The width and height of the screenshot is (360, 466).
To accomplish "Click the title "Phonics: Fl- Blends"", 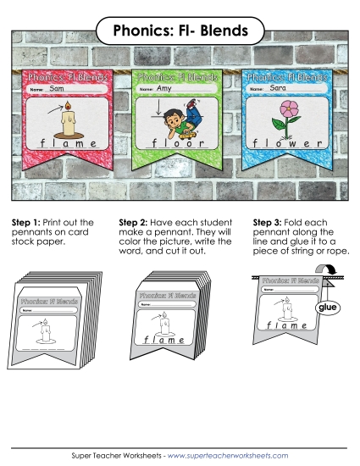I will [x=180, y=31].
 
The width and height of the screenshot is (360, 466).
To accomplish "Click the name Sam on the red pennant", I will [x=58, y=88].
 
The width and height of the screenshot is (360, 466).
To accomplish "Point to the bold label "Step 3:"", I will [x=269, y=223].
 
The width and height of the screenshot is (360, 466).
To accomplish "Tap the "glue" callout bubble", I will [x=329, y=309].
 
